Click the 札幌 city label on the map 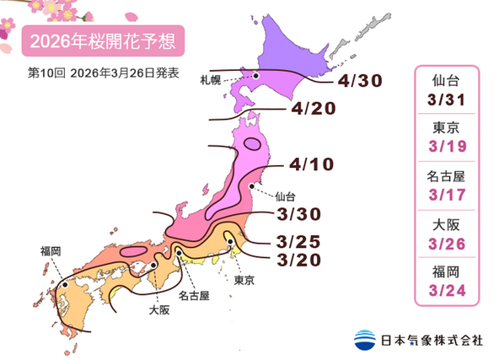point(211,80)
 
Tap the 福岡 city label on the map point(50,250)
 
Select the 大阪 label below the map point(158,309)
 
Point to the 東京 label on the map point(244,279)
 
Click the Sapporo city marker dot point(255,75)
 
